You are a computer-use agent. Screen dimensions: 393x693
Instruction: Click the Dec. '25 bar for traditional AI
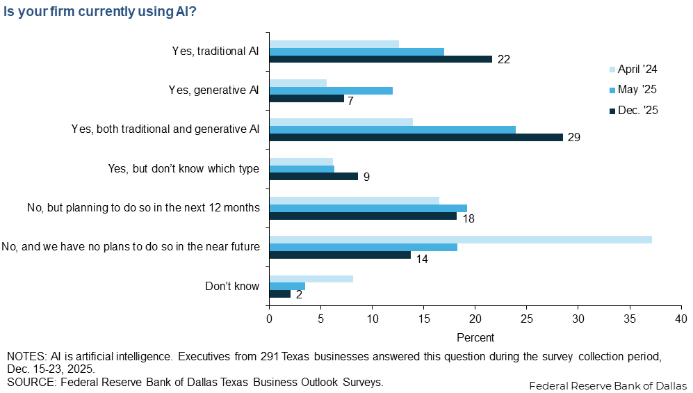380,59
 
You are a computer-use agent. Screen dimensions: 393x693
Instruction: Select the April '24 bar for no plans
460,239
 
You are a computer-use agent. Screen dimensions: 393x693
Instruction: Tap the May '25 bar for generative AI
331,90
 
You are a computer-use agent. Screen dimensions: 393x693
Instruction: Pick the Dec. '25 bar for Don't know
280,294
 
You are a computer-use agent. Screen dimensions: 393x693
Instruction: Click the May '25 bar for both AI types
392,129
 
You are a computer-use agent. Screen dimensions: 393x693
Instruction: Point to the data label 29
573,137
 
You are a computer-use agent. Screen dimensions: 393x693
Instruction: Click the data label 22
504,59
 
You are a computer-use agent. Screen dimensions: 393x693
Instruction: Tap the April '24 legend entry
633,70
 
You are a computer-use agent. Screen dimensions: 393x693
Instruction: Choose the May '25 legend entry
633,90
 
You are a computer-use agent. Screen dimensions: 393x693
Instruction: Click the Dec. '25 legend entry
633,110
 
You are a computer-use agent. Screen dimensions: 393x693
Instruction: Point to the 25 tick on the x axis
526,319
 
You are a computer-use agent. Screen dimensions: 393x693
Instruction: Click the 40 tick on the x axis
680,319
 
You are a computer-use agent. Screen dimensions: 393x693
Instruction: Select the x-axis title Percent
475,337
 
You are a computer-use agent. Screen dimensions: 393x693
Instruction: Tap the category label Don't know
232,287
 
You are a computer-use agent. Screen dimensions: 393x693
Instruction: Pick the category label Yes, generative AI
213,90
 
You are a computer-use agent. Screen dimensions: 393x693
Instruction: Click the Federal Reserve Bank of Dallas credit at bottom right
608,385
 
